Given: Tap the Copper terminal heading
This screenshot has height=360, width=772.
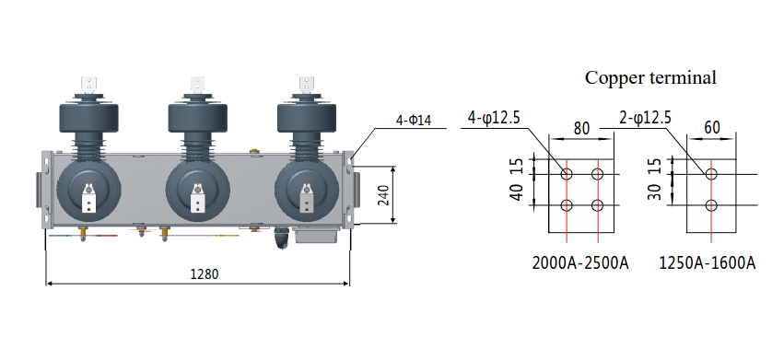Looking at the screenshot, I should pyautogui.click(x=650, y=77).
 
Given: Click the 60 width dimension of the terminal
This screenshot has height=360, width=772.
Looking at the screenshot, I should pyautogui.click(x=711, y=127).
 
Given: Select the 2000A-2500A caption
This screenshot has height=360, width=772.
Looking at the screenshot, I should pyautogui.click(x=580, y=263).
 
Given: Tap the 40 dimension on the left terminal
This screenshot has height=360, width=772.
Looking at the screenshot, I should pyautogui.click(x=516, y=192).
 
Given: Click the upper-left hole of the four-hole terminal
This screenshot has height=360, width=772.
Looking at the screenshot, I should pyautogui.click(x=567, y=174).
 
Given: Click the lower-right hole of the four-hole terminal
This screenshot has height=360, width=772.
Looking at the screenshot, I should pyautogui.click(x=599, y=205).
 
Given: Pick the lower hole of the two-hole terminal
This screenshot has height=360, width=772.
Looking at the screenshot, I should pyautogui.click(x=711, y=205).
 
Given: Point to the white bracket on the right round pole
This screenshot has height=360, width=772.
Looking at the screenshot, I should pyautogui.click(x=307, y=198).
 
